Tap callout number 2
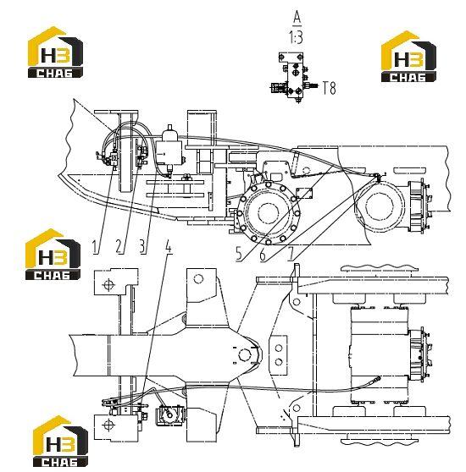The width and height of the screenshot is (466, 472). tap(119, 246)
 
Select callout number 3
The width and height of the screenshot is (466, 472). tap(142, 246)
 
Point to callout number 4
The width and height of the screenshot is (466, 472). tap(169, 247)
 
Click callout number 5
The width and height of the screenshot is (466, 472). tap(239, 254)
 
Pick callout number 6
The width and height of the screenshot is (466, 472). tap(263, 255)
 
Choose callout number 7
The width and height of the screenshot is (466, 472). tap(291, 255)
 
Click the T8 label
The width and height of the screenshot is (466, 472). tap(329, 88)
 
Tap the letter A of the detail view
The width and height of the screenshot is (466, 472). tap(297, 18)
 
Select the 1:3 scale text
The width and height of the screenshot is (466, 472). tap(296, 38)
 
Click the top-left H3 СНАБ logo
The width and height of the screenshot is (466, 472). tap(55, 52)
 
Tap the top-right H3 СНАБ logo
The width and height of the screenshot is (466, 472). tap(408, 57)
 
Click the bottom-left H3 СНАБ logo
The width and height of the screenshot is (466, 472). tap(60, 441)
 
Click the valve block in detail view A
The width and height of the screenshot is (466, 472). tap(295, 79)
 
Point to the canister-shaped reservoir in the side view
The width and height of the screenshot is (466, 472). tap(169, 147)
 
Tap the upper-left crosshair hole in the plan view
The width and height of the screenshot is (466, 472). tap(108, 284)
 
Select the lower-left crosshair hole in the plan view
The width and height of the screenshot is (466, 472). tap(108, 425)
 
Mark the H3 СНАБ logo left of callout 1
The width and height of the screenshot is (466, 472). tap(53, 255)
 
